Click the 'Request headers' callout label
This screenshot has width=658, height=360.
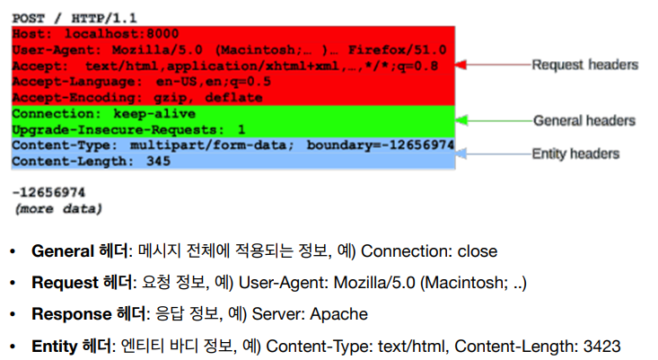(x=584, y=65)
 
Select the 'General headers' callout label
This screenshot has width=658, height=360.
(x=584, y=120)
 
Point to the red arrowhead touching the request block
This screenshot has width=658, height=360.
(x=461, y=66)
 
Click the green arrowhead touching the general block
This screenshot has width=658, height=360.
(x=461, y=119)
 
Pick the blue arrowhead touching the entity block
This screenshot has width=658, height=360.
(x=461, y=154)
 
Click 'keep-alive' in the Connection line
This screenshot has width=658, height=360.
(x=150, y=114)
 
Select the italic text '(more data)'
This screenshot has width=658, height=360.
(x=57, y=208)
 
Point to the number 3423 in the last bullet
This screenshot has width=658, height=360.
(x=601, y=347)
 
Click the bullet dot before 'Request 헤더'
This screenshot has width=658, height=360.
(x=13, y=284)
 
